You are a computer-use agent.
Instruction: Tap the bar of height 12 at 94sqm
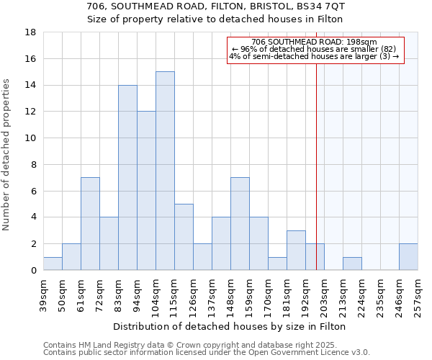[x=146, y=191]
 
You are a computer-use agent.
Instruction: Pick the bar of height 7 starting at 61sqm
[x=90, y=223]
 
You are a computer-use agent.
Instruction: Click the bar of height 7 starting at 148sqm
[x=240, y=223]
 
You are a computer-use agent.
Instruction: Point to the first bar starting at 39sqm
[x=53, y=264]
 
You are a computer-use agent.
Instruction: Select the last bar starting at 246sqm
[x=408, y=257]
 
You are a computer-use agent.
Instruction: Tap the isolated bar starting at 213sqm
[x=352, y=264]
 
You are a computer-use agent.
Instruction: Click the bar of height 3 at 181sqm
[x=296, y=250]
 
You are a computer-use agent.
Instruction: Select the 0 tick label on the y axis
[x=33, y=270]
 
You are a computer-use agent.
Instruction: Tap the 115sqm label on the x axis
[x=174, y=294]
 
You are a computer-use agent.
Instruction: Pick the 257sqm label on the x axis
[x=418, y=294]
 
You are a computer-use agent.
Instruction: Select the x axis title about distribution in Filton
[x=230, y=326]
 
